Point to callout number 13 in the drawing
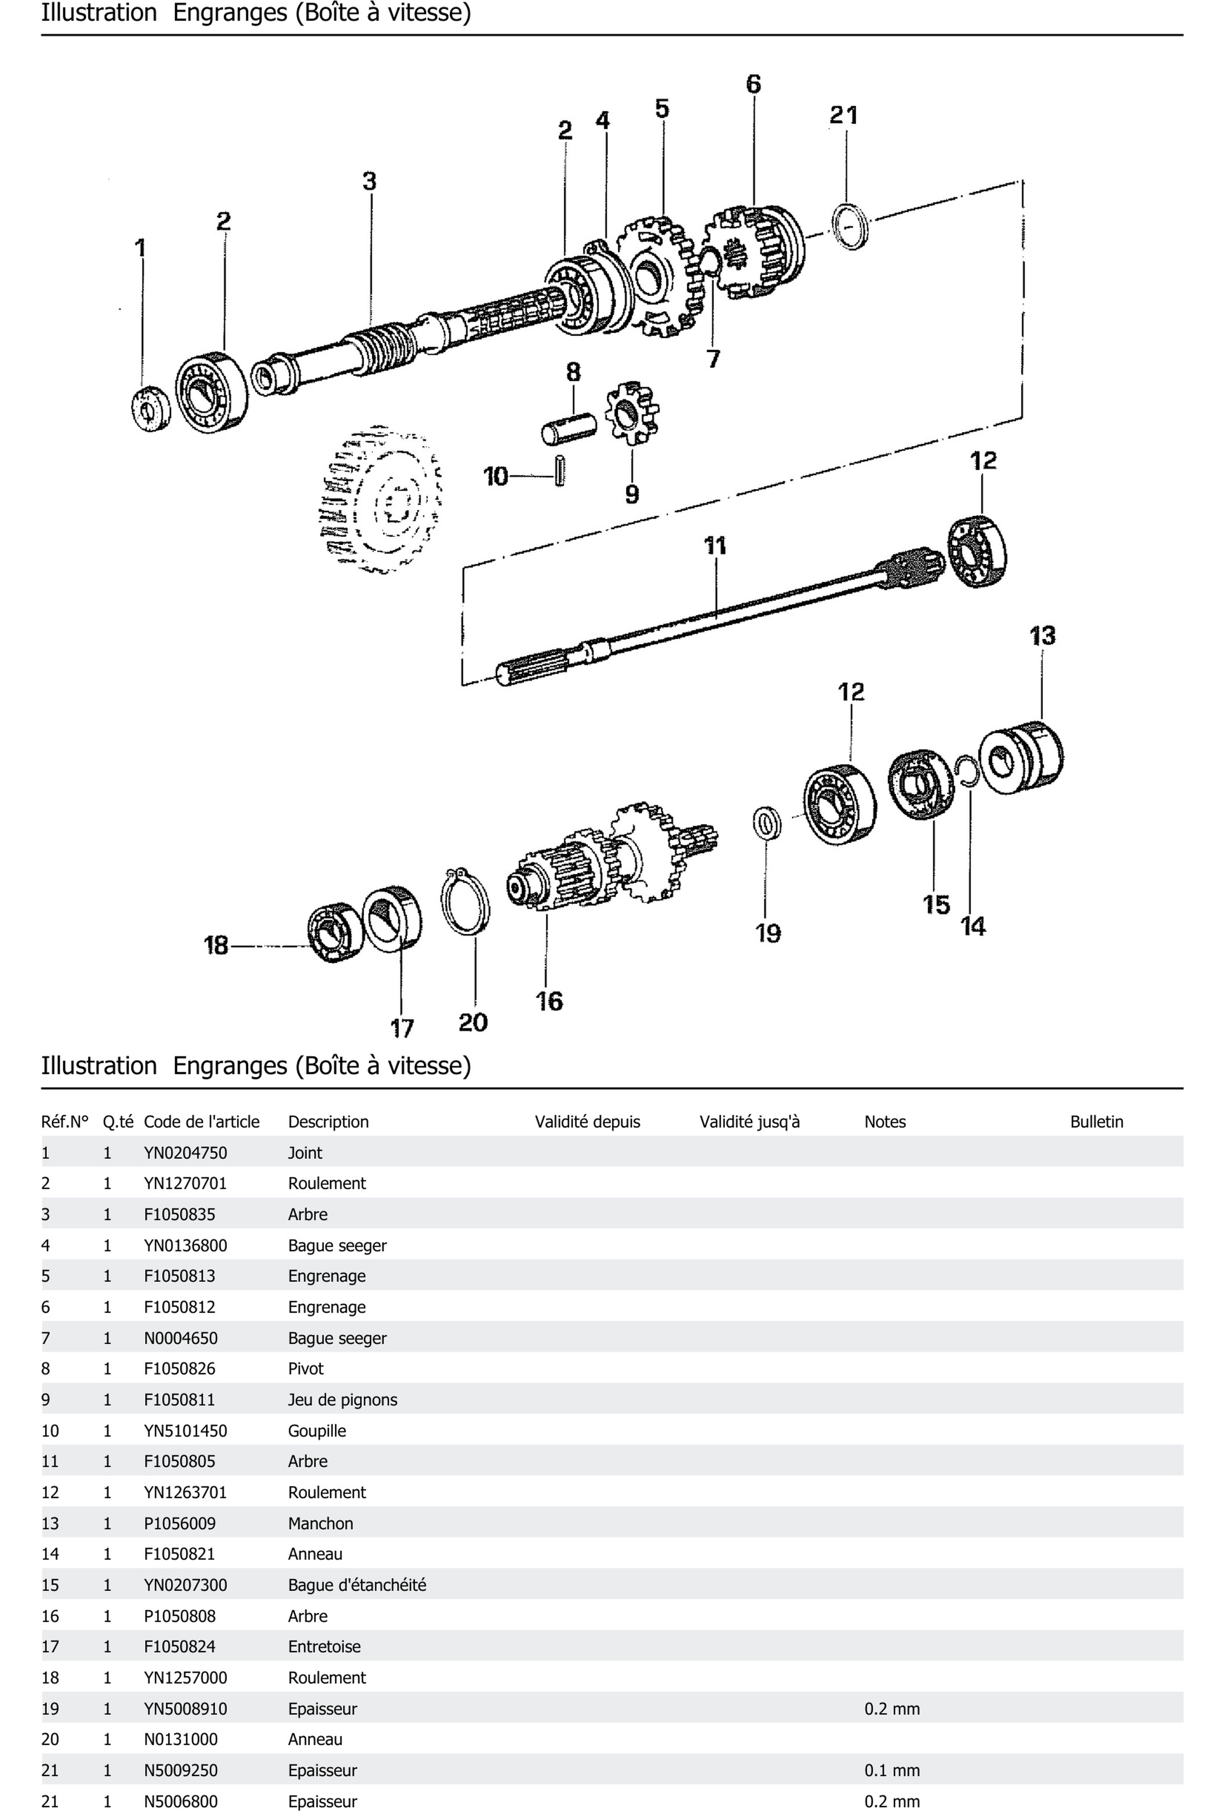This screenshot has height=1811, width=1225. [x=1042, y=636]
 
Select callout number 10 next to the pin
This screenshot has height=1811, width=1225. [x=496, y=476]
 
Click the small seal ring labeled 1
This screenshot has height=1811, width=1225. [x=151, y=408]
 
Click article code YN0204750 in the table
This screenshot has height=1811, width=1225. [x=186, y=1152]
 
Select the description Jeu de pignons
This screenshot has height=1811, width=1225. [x=342, y=1400]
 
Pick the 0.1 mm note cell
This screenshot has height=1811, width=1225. [x=892, y=1771]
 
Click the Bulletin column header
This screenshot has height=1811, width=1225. [x=1096, y=1121]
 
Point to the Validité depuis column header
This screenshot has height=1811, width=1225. [x=587, y=1121]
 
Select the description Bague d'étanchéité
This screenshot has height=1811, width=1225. [x=357, y=1585]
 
